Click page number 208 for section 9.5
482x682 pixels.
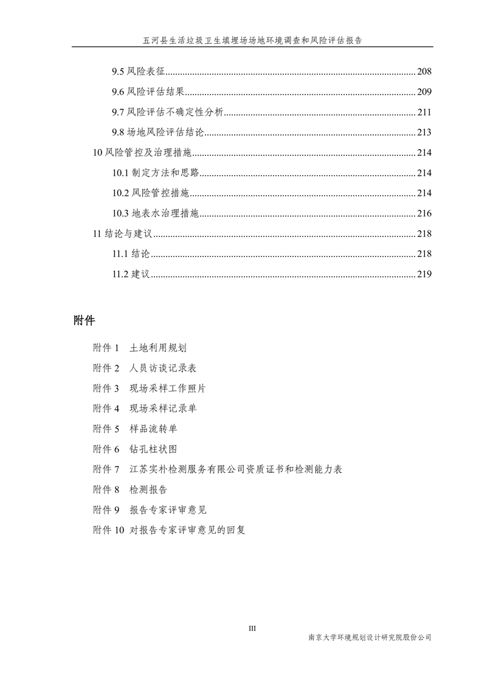[x=424, y=72]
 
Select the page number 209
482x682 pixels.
[x=424, y=92]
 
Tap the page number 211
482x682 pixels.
[x=424, y=112]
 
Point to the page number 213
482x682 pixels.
[x=424, y=133]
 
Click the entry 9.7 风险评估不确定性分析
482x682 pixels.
[x=168, y=112]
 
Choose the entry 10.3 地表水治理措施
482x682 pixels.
[x=156, y=213]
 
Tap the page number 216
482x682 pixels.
[x=424, y=213]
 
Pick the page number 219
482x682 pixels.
[x=424, y=274]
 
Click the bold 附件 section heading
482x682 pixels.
[x=83, y=320]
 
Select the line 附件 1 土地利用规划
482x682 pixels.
[x=139, y=348]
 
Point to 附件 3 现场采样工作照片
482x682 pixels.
[x=150, y=388]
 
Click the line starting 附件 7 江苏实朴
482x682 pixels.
[x=217, y=469]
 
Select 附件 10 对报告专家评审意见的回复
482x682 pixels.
[x=168, y=530]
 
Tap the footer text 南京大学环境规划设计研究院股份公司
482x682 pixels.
[x=370, y=638]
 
